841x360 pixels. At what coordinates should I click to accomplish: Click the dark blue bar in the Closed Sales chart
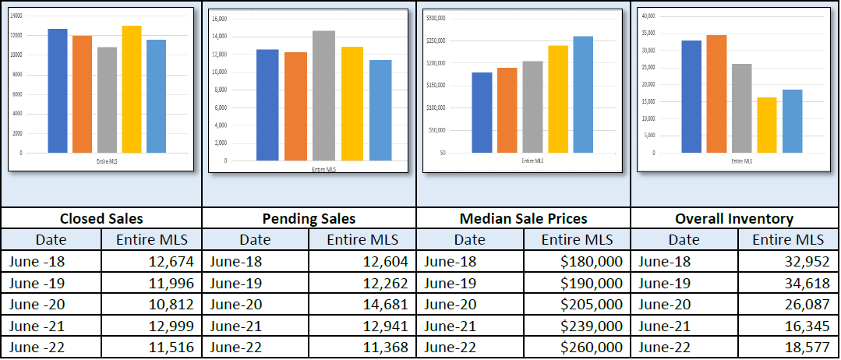click(58, 90)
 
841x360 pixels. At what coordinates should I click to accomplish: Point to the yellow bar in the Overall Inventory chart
click(767, 125)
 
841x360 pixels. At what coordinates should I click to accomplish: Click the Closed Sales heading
click(101, 219)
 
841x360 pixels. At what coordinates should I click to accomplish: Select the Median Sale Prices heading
click(522, 219)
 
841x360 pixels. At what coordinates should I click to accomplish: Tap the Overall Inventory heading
click(735, 219)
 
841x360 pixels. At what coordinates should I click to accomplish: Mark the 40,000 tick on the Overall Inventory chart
click(647, 16)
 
